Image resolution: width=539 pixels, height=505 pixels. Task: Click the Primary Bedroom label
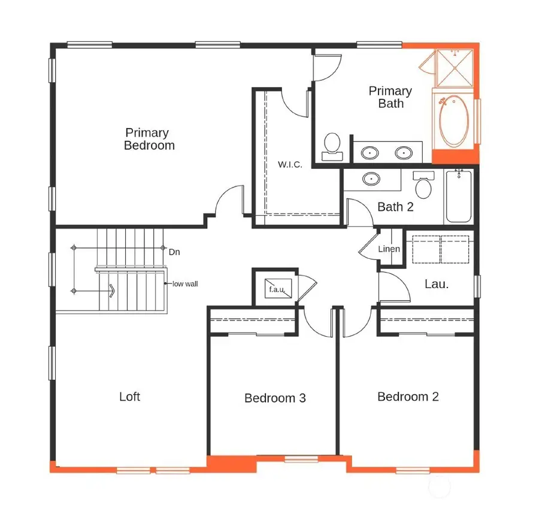(x=149, y=139)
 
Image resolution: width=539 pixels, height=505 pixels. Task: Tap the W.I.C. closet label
(x=289, y=164)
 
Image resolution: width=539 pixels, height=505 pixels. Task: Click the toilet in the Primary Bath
(x=331, y=146)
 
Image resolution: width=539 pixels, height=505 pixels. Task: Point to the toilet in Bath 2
(x=424, y=185)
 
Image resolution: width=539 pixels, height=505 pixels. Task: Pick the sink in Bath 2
(x=372, y=179)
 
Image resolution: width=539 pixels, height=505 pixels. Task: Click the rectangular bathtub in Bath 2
(x=459, y=196)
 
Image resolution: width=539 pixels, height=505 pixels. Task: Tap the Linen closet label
(x=389, y=249)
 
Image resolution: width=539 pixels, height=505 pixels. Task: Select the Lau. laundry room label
(x=437, y=285)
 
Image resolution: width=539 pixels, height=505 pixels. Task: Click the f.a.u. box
(x=277, y=289)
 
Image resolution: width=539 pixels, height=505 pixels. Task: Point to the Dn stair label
(x=174, y=252)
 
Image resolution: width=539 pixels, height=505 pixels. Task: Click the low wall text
(x=185, y=284)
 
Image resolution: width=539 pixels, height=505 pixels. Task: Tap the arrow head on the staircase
(x=112, y=291)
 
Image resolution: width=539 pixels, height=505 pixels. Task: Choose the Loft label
(x=130, y=397)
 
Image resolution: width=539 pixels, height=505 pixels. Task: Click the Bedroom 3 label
(x=275, y=398)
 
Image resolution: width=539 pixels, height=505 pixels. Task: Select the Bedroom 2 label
(x=408, y=397)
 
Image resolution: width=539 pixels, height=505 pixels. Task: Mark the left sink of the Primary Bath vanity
(x=371, y=153)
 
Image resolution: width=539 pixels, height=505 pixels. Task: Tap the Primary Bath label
(x=390, y=97)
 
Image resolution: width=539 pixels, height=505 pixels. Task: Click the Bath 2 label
(x=395, y=207)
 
